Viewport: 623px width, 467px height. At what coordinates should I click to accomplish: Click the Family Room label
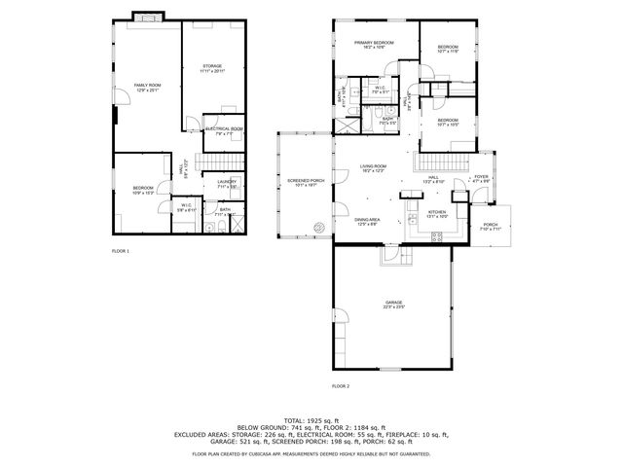(x=146, y=88)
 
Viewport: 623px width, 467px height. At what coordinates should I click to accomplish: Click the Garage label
(x=392, y=305)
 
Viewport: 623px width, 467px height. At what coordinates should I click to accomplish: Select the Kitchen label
(x=437, y=213)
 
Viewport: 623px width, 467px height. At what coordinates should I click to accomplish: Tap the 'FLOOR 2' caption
(x=340, y=386)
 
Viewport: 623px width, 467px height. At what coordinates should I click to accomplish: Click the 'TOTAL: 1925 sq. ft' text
(x=311, y=418)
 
